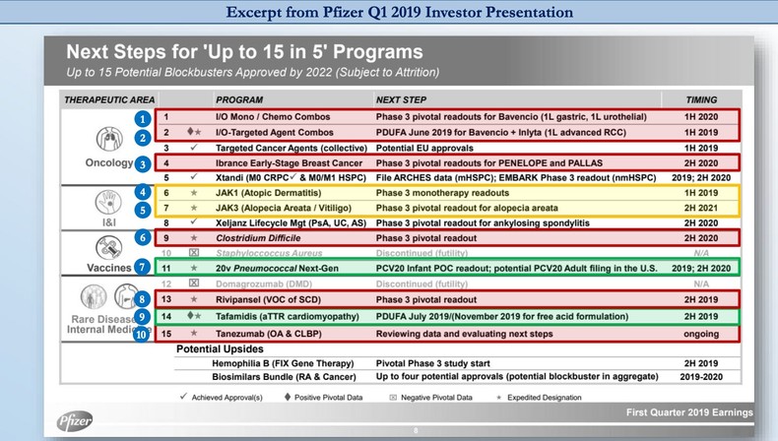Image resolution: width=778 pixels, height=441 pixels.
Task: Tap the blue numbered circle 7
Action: click(x=143, y=267)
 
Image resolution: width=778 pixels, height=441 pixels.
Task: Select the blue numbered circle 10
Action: click(x=143, y=335)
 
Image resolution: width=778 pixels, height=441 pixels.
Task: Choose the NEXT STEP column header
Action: click(x=402, y=100)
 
